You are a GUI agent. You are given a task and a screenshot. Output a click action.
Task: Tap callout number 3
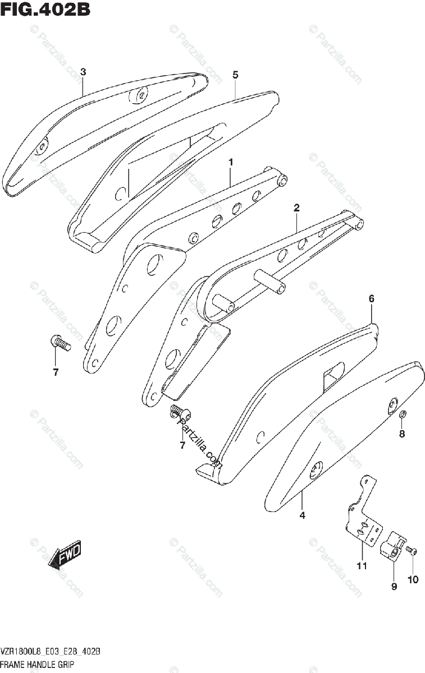pyautogui.click(x=83, y=72)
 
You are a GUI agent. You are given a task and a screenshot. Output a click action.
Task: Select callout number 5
pyautogui.click(x=235, y=75)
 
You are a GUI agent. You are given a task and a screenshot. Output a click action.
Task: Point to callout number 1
pyautogui.click(x=230, y=162)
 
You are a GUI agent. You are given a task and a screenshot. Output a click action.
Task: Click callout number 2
pyautogui.click(x=296, y=208)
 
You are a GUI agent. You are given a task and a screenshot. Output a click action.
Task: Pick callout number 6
pyautogui.click(x=371, y=299)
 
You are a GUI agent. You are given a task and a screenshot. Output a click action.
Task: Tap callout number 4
pyautogui.click(x=302, y=515)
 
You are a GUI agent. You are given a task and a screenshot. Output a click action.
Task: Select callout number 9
pyautogui.click(x=394, y=586)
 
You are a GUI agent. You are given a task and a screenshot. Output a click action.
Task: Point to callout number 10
pyautogui.click(x=413, y=580)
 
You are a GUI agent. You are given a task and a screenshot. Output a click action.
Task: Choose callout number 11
pyautogui.click(x=362, y=566)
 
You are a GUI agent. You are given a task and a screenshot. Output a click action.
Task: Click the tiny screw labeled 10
pyautogui.click(x=413, y=552)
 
